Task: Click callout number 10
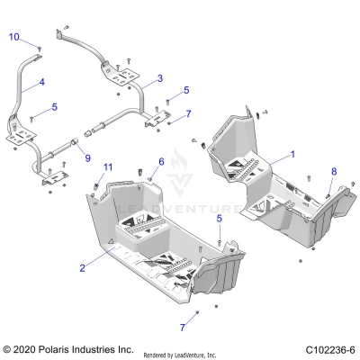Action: [x=14, y=36]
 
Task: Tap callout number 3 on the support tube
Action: [x=159, y=79]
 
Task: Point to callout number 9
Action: [x=87, y=159]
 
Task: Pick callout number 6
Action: [x=161, y=161]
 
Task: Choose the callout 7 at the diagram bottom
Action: [x=183, y=327]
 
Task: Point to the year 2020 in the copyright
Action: [x=29, y=348]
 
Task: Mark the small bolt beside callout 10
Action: [x=40, y=46]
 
